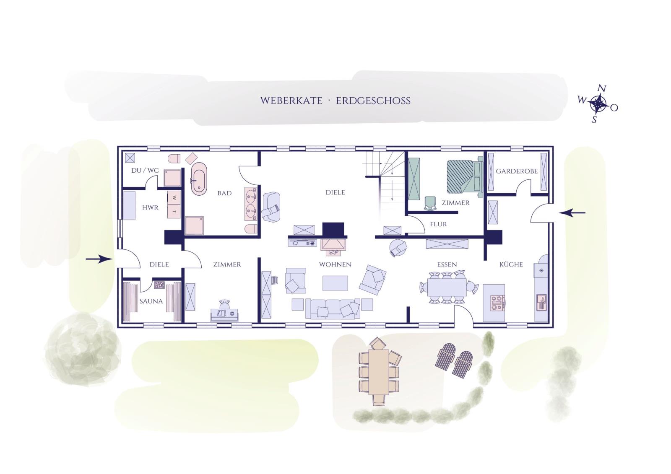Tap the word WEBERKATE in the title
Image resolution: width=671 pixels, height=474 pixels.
pos(291,101)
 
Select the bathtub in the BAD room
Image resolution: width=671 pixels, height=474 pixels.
pos(199,179)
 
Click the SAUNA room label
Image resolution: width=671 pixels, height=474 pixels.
pos(151,301)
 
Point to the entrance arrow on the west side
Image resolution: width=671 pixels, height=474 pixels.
pos(99,259)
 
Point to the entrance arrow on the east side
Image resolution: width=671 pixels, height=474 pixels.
pos(572,213)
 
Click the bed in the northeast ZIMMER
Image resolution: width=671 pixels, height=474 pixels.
pos(465,177)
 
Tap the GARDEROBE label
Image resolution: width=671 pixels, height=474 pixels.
pos(517,171)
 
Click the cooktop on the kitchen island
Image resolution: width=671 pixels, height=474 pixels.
pos(497,303)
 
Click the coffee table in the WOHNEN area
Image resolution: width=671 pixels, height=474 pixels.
pos(335,283)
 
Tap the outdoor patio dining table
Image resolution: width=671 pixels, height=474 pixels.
pos(379,372)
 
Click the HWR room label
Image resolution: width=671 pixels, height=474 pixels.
pos(151,207)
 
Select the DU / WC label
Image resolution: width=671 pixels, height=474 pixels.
pos(145,171)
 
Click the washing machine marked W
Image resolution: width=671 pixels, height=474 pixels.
pos(174,198)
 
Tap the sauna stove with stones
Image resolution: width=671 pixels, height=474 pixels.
pos(159,285)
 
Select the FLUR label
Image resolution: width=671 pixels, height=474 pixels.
pos(438,224)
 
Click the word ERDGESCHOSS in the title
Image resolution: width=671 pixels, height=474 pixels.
pos(373,101)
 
